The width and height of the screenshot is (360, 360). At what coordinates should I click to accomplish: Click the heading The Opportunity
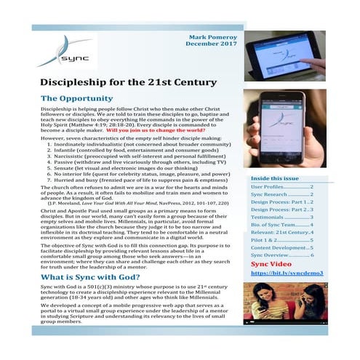click(84, 98)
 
